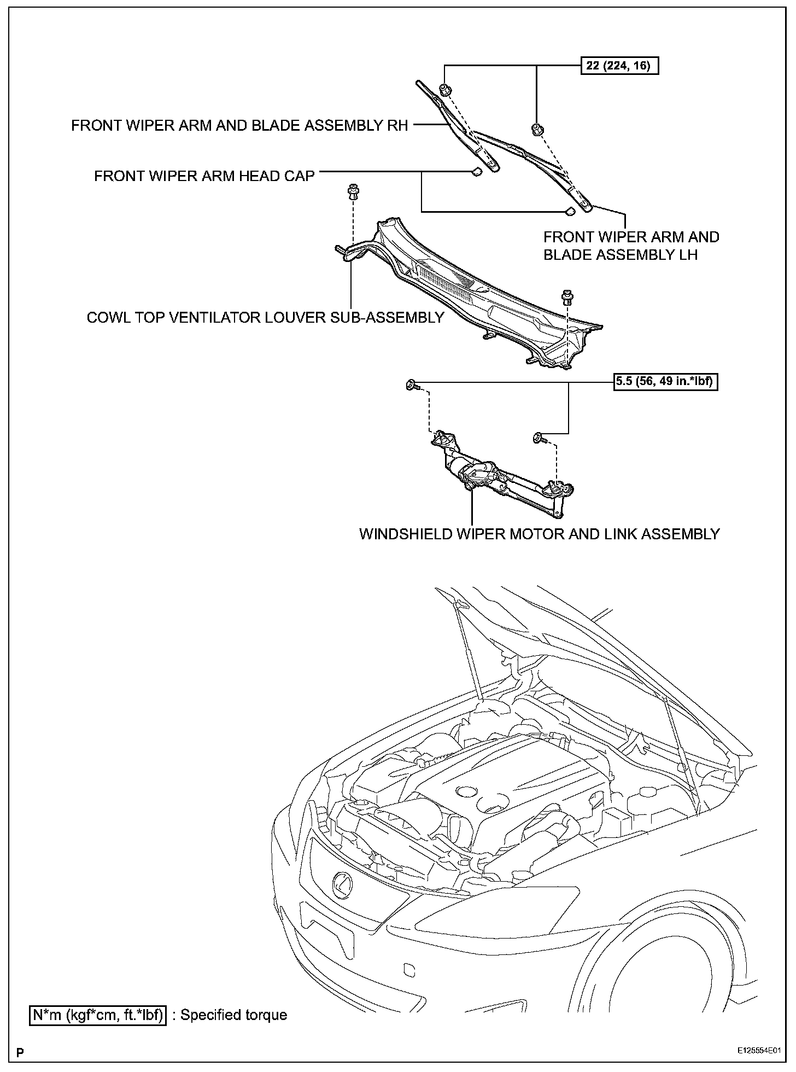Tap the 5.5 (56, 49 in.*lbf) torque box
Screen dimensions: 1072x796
pyautogui.click(x=665, y=381)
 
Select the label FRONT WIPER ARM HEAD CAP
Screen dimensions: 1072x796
pyautogui.click(x=204, y=176)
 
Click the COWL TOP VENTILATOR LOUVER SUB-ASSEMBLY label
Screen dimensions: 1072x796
pyautogui.click(x=265, y=317)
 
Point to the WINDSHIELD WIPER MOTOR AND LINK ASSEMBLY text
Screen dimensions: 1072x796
pyautogui.click(x=539, y=534)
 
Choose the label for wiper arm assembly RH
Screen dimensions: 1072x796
pyautogui.click(x=239, y=126)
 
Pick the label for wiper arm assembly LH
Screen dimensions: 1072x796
pyautogui.click(x=631, y=246)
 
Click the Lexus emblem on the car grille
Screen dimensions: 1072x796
pyautogui.click(x=342, y=885)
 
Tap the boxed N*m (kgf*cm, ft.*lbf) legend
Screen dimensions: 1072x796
pyautogui.click(x=98, y=1015)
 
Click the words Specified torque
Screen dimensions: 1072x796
pyautogui.click(x=234, y=1015)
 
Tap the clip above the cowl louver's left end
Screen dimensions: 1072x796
pyautogui.click(x=353, y=192)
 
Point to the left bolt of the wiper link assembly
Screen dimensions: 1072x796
pyautogui.click(x=412, y=386)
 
